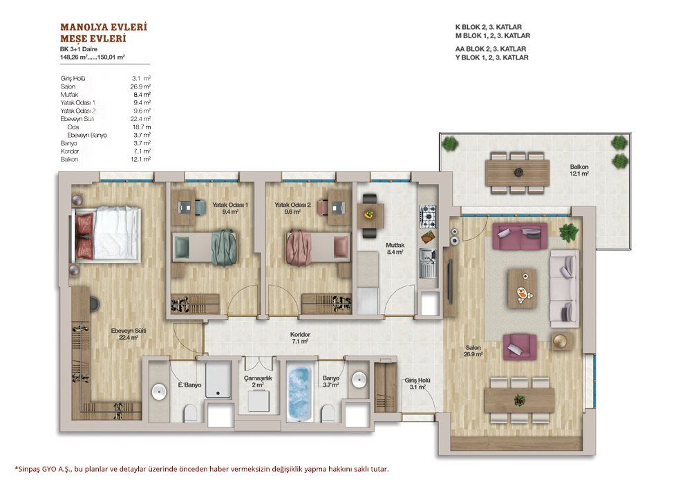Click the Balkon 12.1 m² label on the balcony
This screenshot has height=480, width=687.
(x=578, y=170)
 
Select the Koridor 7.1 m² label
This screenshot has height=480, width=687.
(x=300, y=338)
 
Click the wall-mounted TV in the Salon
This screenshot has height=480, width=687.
(x=449, y=281)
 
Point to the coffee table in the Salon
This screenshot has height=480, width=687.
(x=522, y=288)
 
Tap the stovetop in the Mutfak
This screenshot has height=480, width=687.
(x=428, y=216)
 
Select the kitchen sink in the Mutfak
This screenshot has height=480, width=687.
(x=428, y=263)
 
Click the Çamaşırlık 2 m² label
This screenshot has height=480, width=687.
(x=258, y=381)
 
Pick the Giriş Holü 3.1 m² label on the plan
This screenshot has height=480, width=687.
(x=417, y=384)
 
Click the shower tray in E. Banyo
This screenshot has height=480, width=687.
(x=218, y=380)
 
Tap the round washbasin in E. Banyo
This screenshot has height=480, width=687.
(x=158, y=391)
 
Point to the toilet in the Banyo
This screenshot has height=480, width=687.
(x=328, y=414)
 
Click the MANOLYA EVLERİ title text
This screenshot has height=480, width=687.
(x=104, y=27)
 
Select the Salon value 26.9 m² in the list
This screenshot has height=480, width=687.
(x=140, y=86)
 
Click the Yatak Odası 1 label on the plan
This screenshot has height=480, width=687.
(x=230, y=205)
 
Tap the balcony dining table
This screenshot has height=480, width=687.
(x=517, y=172)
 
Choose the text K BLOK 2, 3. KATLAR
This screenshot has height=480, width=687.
(x=489, y=27)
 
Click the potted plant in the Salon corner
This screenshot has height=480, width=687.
(x=568, y=232)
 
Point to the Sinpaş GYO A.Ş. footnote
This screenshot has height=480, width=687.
(x=202, y=469)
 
